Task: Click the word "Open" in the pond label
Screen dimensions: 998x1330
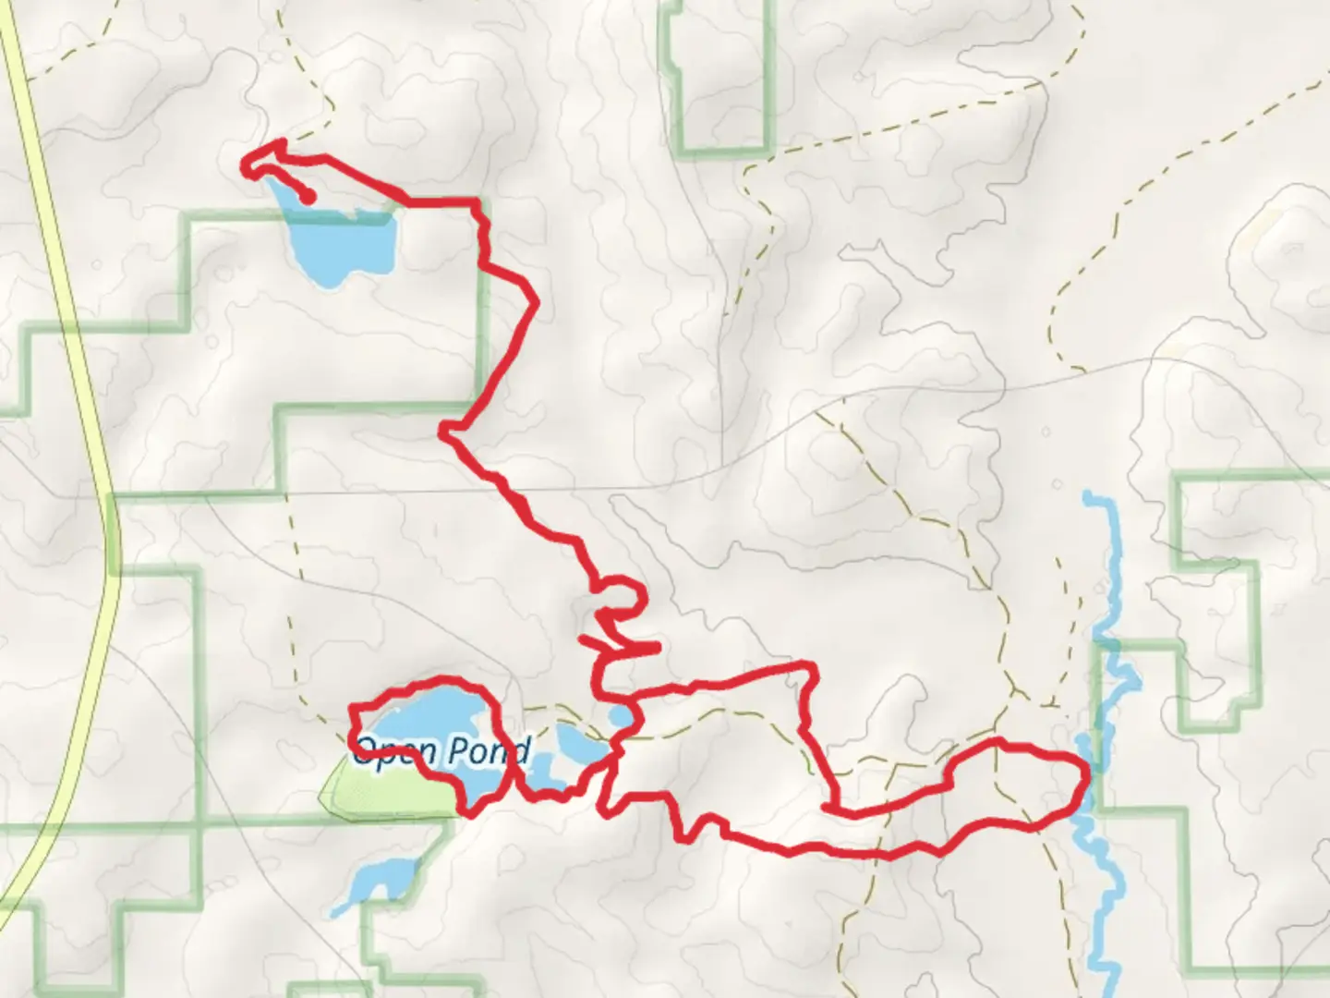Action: click(x=384, y=750)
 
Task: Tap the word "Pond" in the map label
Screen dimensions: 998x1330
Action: click(x=488, y=750)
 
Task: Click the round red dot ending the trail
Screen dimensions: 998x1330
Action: click(x=309, y=197)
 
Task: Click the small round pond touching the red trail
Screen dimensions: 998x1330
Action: click(x=619, y=717)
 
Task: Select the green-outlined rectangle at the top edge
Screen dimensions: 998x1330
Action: click(x=716, y=79)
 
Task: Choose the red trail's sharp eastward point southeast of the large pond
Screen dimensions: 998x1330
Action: click(x=535, y=302)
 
